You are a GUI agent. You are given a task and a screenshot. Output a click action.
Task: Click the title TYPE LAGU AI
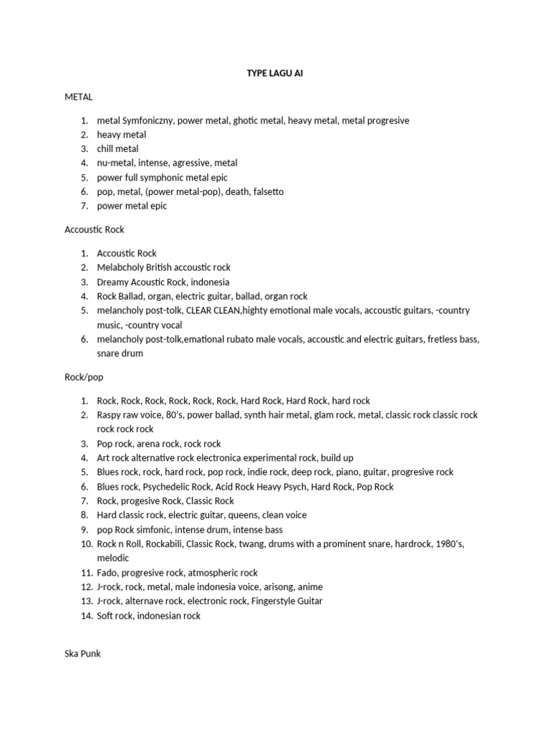pyautogui.click(x=275, y=73)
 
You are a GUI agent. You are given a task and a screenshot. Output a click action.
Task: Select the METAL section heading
pyautogui.click(x=79, y=96)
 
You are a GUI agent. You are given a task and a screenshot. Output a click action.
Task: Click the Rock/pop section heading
pyautogui.click(x=85, y=377)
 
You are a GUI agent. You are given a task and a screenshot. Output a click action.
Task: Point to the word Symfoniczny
pyautogui.click(x=148, y=120)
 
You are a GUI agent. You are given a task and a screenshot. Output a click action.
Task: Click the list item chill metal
pyautogui.click(x=118, y=149)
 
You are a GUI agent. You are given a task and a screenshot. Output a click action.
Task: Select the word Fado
pyautogui.click(x=108, y=573)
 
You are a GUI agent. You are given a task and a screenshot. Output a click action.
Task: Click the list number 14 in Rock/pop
pyautogui.click(x=85, y=616)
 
